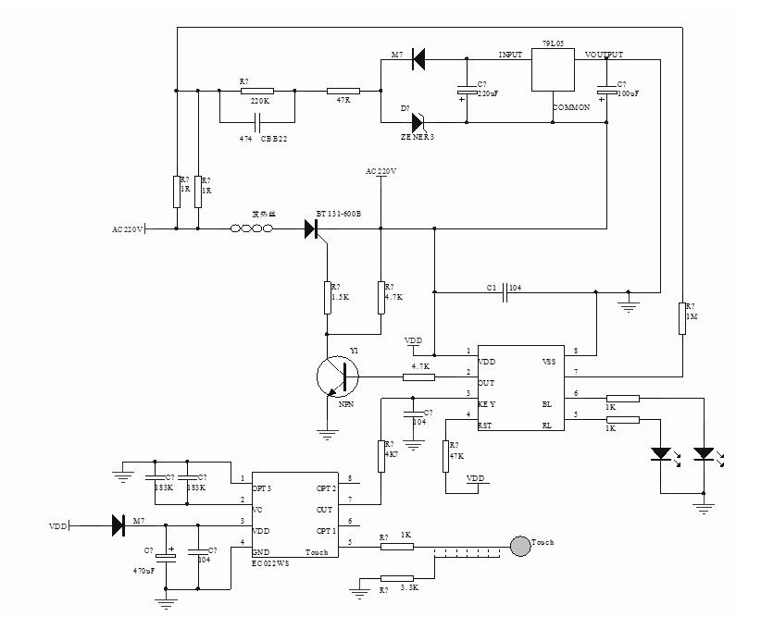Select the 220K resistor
click(x=256, y=91)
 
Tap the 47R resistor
click(x=343, y=91)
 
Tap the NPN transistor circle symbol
click(x=337, y=377)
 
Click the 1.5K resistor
click(x=326, y=299)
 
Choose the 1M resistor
click(x=681, y=317)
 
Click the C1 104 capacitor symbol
click(x=506, y=293)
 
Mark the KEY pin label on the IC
click(x=487, y=404)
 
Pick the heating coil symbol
click(x=255, y=228)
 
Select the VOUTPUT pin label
click(x=605, y=56)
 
